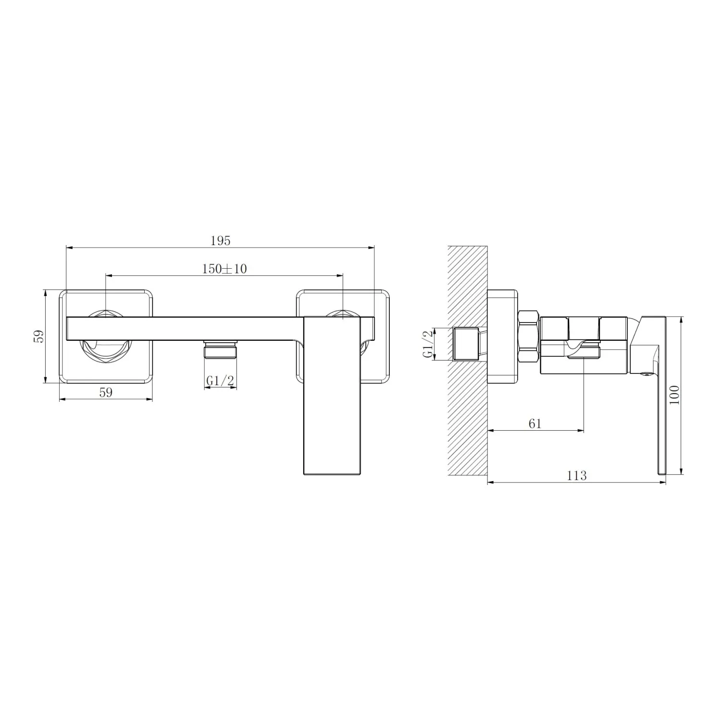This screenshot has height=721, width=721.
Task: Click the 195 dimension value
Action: tap(221, 241)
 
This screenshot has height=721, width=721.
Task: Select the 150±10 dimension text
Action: tap(224, 269)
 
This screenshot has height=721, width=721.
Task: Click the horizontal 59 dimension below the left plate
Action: tap(106, 392)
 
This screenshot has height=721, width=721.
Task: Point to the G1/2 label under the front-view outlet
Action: tap(220, 381)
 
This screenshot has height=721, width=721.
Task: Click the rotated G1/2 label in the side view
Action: tap(428, 344)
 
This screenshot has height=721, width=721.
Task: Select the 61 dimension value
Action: tap(535, 423)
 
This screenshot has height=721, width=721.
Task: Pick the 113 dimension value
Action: tap(577, 475)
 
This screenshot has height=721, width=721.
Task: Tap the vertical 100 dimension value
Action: tap(675, 395)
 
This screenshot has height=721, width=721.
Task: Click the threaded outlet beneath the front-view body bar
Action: tap(220, 349)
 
